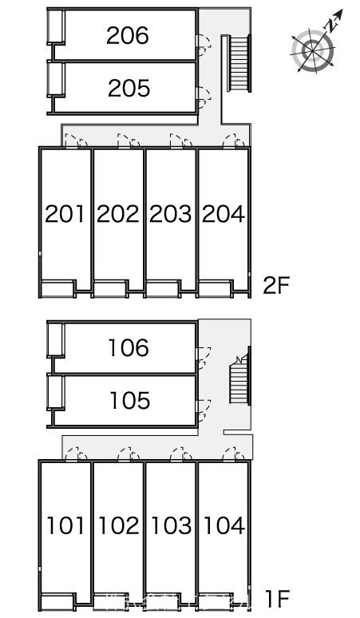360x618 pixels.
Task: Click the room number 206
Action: pyautogui.click(x=128, y=35)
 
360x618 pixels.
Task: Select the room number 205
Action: pyautogui.click(x=129, y=88)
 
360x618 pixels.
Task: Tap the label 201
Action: pyautogui.click(x=65, y=214)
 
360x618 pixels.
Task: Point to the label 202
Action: pyautogui.click(x=118, y=214)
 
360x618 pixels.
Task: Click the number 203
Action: pyautogui.click(x=171, y=214)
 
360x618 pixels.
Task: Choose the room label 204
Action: pyautogui.click(x=224, y=214)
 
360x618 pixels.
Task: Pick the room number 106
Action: pyautogui.click(x=129, y=347)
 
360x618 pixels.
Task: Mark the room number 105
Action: pyautogui.click(x=130, y=401)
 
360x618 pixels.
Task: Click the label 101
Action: pyautogui.click(x=65, y=525)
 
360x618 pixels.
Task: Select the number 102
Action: pyautogui.click(x=119, y=525)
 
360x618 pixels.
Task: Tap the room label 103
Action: pyautogui.click(x=172, y=525)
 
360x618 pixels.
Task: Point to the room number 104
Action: pyautogui.click(x=224, y=525)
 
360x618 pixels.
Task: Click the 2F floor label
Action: pyautogui.click(x=276, y=285)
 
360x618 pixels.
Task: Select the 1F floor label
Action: pyautogui.click(x=278, y=599)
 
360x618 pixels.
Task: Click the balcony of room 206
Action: pyautogui.click(x=56, y=26)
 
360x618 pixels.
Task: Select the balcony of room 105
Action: pyautogui.click(x=56, y=392)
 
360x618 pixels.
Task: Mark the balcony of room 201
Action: pyautogui.click(x=57, y=289)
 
